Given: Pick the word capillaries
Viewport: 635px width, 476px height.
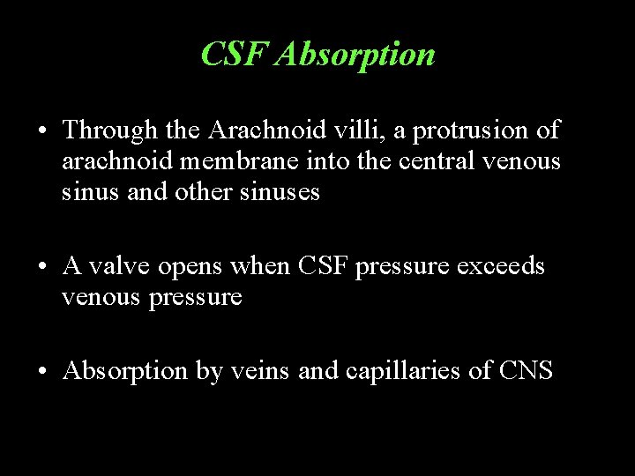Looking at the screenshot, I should click(x=415, y=371).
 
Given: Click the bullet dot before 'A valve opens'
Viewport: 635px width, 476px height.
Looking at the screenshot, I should click(x=42, y=267).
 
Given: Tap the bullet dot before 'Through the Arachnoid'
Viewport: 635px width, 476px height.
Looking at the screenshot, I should click(x=42, y=132).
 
